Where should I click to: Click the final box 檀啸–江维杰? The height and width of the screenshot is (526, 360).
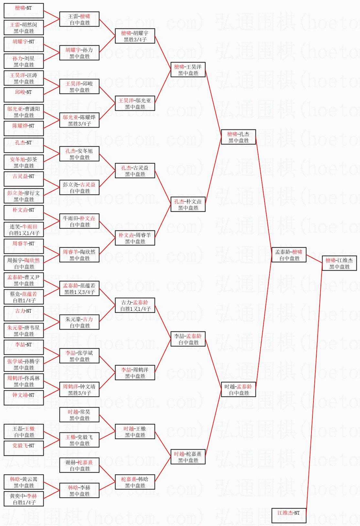click(x=339, y=263)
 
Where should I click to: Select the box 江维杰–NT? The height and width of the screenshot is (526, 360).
click(x=289, y=516)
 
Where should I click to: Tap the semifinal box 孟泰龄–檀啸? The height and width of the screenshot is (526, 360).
click(x=289, y=255)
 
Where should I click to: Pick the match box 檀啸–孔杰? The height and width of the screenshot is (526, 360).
click(x=238, y=137)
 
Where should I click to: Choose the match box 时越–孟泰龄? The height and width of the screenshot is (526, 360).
click(x=238, y=389)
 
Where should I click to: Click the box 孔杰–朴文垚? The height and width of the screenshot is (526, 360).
click(x=188, y=204)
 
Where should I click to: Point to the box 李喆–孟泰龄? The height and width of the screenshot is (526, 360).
click(x=188, y=339)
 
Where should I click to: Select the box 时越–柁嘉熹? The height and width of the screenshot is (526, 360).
click(x=188, y=457)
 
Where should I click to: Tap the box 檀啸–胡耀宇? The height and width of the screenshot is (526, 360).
click(x=135, y=36)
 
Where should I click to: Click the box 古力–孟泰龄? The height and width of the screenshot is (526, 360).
click(x=135, y=305)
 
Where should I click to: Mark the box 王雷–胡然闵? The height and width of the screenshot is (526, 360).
click(x=24, y=28)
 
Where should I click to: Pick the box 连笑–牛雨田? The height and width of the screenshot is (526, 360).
click(x=24, y=229)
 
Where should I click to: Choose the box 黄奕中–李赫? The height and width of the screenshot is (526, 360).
click(x=24, y=499)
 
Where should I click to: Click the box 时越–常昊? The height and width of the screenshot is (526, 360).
click(x=79, y=415)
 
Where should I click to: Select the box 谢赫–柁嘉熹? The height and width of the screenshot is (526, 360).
click(x=79, y=465)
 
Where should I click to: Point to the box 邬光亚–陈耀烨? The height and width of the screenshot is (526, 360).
click(x=79, y=120)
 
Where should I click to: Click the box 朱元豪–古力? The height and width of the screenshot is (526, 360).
click(x=79, y=322)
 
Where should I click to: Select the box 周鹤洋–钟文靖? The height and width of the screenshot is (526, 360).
click(x=79, y=389)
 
